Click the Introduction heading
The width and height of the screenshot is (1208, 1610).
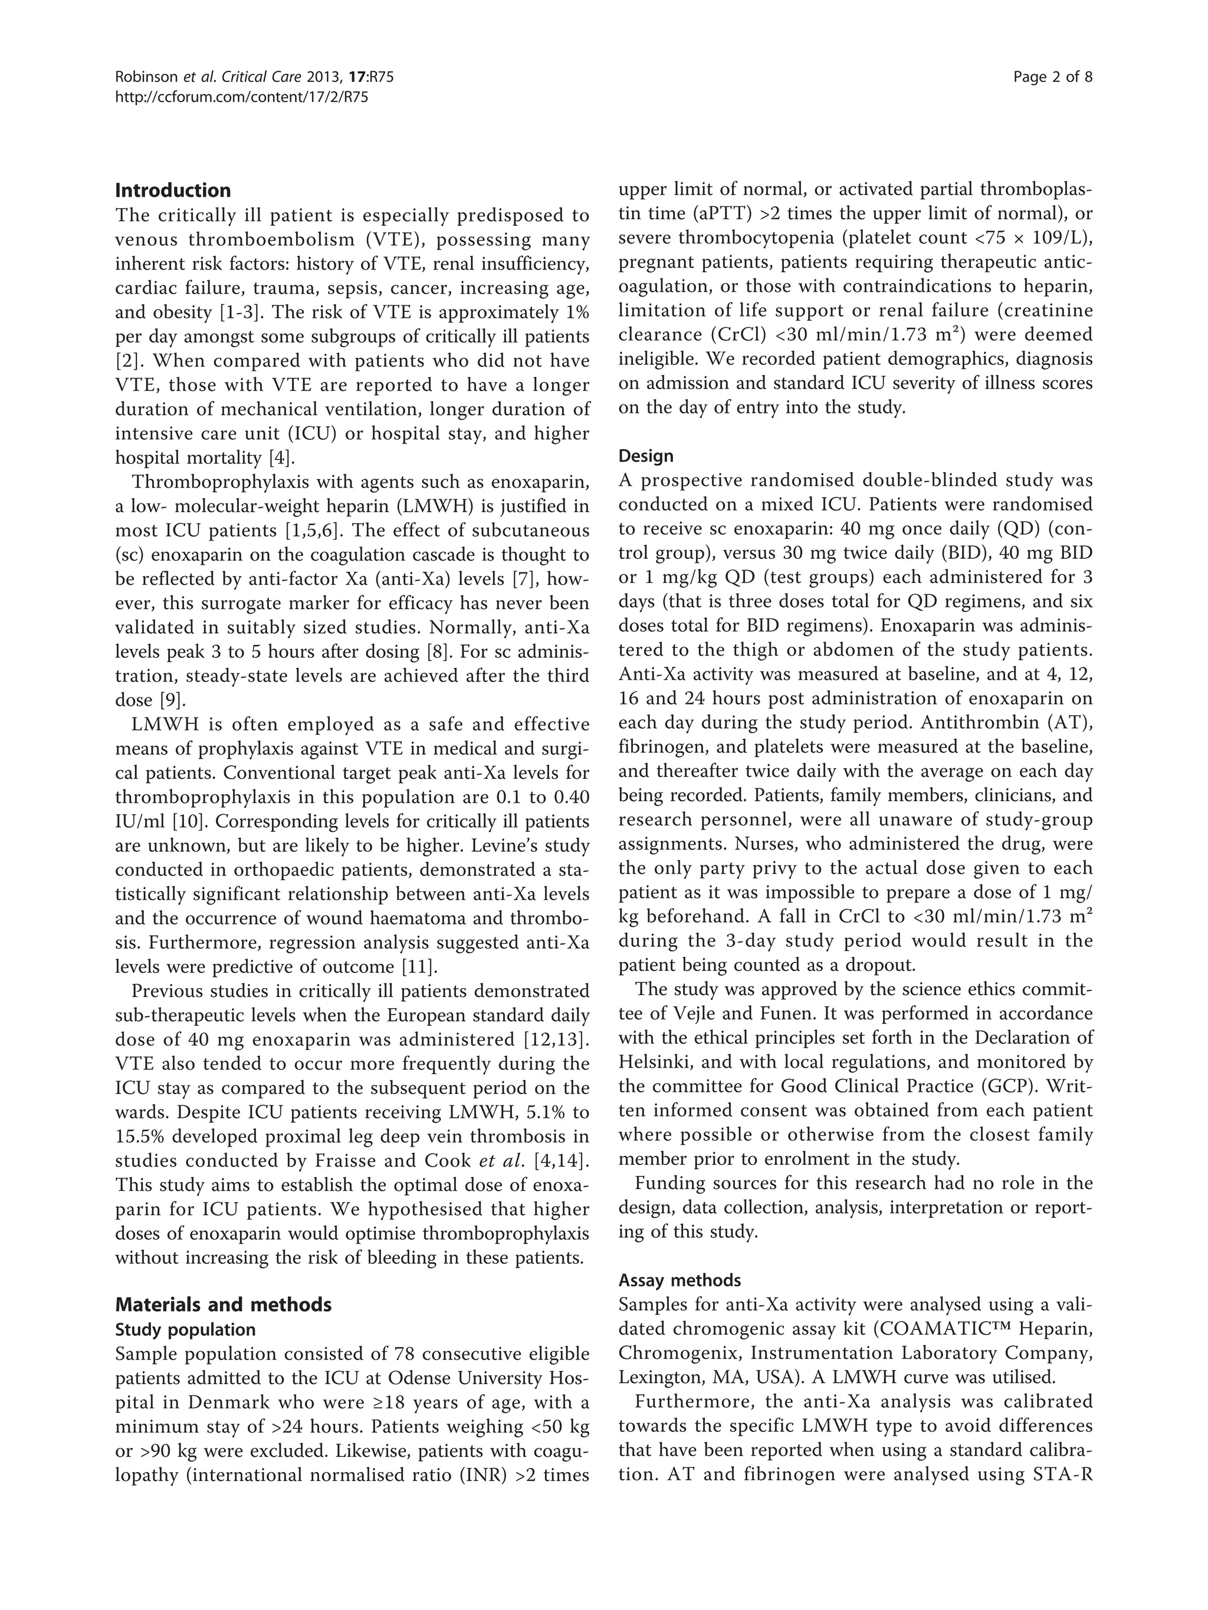173,190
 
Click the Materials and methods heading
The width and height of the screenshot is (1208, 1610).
224,1304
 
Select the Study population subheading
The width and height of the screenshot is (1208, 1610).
186,1330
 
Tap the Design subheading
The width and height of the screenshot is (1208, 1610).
646,456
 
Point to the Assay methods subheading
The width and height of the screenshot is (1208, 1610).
679,1280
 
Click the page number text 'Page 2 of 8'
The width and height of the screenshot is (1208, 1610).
1052,77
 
